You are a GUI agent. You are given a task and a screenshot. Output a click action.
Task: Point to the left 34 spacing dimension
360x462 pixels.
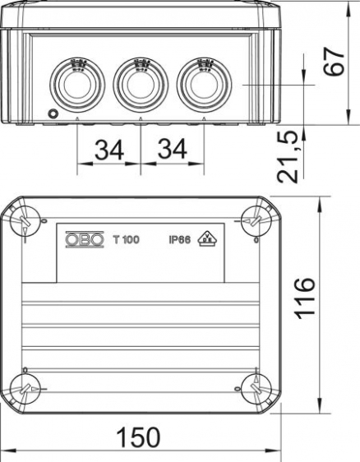tap(109, 151)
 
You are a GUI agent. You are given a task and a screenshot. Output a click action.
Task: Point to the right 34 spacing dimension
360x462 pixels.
tap(173, 151)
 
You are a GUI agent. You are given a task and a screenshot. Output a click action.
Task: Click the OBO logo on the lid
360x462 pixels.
tap(85, 239)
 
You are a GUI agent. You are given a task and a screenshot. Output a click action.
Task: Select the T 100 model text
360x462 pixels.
tap(127, 240)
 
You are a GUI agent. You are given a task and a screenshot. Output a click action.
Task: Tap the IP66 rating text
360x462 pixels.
tap(180, 240)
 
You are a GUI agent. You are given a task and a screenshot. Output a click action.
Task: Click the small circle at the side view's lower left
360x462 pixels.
tap(54, 113)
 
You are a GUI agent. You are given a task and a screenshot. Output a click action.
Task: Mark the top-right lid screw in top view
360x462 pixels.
tap(255, 219)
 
